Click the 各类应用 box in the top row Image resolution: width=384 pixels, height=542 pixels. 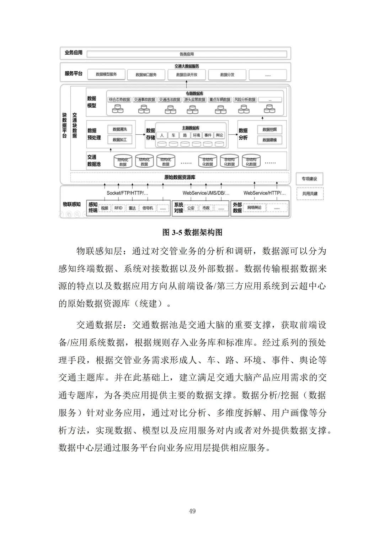(187, 54)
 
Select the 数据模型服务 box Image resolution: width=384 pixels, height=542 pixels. (106, 74)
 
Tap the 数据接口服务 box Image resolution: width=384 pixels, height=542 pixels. (146, 75)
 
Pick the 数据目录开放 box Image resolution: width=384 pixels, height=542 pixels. (187, 75)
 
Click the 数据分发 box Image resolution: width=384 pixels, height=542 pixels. (227, 75)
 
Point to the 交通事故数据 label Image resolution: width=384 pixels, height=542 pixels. (144, 100)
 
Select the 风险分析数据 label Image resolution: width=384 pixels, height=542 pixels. (245, 100)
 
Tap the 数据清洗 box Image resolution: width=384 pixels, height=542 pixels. (120, 129)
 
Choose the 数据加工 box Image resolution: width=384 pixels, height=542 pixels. (120, 140)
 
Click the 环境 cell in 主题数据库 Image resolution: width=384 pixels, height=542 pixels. (196, 135)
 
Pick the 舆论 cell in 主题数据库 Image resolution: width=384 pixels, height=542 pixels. (219, 135)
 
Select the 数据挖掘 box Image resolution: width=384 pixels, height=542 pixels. (270, 130)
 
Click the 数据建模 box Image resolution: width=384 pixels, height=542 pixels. (270, 140)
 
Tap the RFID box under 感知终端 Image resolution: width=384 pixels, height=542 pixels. (118, 208)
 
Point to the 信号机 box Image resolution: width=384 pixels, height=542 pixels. (148, 208)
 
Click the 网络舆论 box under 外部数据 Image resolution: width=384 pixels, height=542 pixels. (254, 208)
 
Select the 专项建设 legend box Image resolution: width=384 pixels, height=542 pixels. (309, 179)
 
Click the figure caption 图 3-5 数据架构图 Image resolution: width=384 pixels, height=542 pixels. (192, 232)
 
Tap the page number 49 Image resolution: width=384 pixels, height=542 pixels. (192, 511)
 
